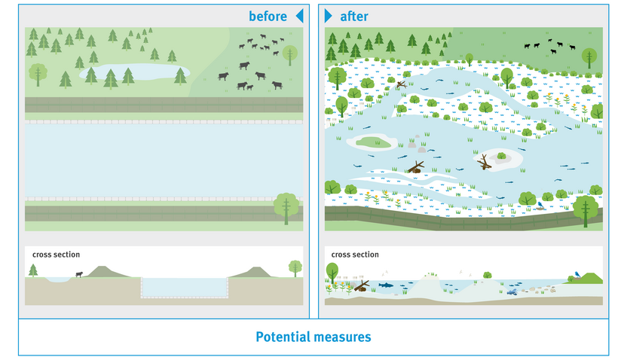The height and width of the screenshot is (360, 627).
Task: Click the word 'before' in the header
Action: pyautogui.click(x=268, y=16)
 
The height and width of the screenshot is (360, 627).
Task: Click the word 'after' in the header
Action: pyautogui.click(x=354, y=16)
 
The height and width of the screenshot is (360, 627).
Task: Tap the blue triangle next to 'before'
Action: pyautogui.click(x=299, y=16)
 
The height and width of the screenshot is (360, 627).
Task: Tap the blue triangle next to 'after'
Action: pyautogui.click(x=328, y=16)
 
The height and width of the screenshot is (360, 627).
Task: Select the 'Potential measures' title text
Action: pyautogui.click(x=313, y=337)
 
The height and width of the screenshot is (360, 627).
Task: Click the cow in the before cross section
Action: pyautogui.click(x=78, y=274)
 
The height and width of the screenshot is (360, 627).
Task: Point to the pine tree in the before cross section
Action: pyautogui.click(x=33, y=270)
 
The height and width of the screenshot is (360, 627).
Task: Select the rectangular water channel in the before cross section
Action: pyautogui.click(x=185, y=287)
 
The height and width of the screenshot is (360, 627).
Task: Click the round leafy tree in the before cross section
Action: pyautogui.click(x=295, y=267)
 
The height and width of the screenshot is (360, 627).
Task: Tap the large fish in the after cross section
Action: pyautogui.click(x=385, y=285)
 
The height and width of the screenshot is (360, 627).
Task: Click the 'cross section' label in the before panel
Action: pyautogui.click(x=56, y=255)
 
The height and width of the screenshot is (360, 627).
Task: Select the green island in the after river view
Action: pyautogui.click(x=374, y=141)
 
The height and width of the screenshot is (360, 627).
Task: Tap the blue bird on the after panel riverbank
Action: pyautogui.click(x=540, y=203)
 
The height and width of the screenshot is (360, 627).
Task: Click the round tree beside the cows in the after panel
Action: pyautogui.click(x=589, y=55)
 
